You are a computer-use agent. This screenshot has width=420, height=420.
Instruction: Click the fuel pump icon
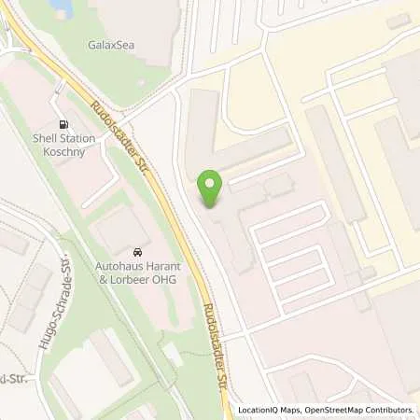[x=63, y=124]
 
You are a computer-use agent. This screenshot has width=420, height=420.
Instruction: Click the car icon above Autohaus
[x=138, y=252]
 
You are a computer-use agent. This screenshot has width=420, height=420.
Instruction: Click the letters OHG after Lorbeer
[x=165, y=278]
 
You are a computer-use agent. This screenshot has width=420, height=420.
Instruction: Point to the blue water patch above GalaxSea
[x=60, y=7]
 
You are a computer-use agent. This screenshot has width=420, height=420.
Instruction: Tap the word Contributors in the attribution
[x=386, y=410]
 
